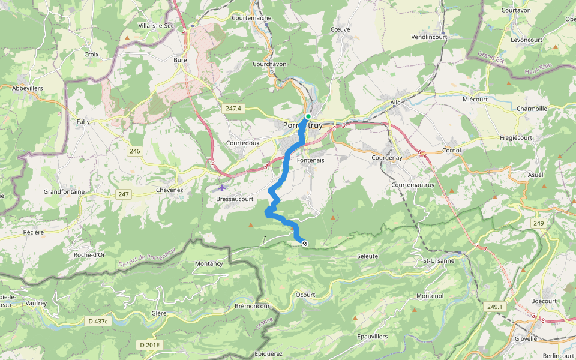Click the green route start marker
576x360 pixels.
coord(308,116)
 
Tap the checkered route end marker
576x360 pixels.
coord(305,243)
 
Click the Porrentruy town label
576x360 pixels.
coord(302,125)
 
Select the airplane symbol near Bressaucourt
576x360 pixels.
coord(223,187)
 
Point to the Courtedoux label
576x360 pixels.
coord(242,143)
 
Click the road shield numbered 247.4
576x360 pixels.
coord(234,108)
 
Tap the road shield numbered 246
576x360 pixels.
coord(134,151)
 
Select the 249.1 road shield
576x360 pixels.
coord(495,307)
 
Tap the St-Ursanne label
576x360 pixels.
coord(437,260)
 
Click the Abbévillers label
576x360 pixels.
coord(28,87)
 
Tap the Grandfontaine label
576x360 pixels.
coord(64,191)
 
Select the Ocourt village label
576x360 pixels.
coord(305,295)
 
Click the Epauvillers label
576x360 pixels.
coord(372,336)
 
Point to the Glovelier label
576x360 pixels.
coord(527,338)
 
